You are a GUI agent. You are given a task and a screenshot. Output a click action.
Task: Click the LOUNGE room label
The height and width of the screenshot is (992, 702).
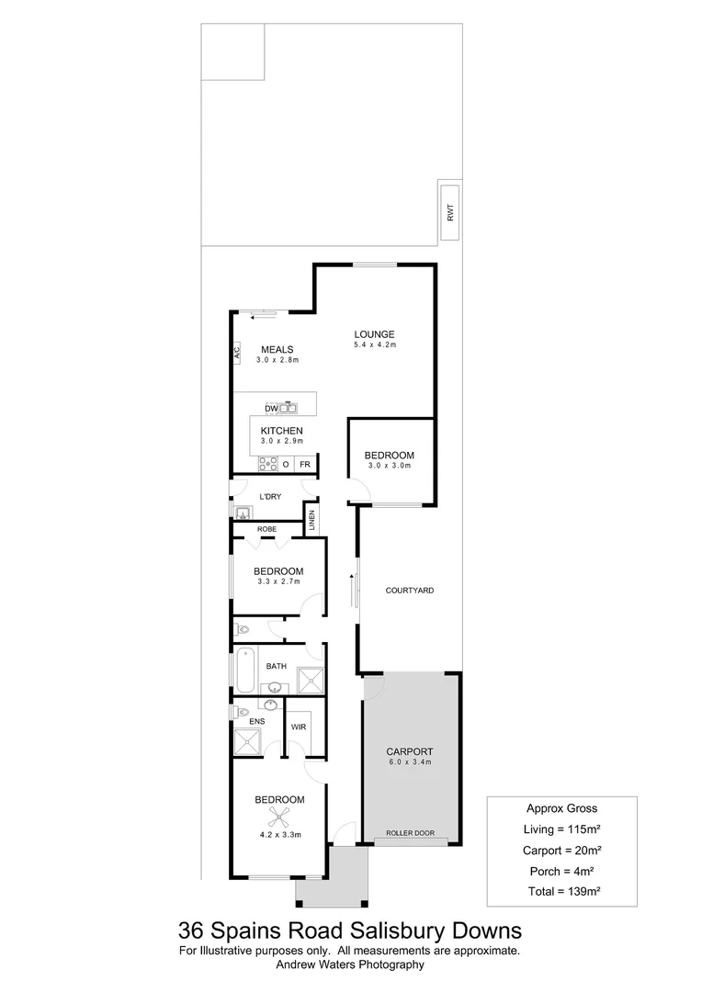(374, 334)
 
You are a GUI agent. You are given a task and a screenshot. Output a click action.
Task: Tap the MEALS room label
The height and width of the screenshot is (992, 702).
(276, 349)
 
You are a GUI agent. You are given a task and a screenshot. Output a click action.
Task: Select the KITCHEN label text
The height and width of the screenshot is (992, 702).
(281, 431)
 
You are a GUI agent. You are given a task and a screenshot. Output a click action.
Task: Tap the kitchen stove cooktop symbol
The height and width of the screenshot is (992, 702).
(268, 464)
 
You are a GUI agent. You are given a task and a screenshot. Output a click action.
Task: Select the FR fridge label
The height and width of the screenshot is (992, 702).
(303, 465)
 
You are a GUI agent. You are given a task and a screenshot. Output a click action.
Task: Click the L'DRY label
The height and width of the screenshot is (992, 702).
(269, 497)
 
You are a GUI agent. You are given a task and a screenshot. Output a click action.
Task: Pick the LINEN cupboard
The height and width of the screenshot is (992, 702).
(311, 521)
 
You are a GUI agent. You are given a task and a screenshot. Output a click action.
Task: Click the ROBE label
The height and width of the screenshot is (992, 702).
(266, 529)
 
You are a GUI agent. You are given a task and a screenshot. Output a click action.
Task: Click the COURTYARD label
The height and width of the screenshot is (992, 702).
(410, 591)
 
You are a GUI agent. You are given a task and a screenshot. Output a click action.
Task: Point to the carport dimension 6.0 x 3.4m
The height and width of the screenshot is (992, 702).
(410, 762)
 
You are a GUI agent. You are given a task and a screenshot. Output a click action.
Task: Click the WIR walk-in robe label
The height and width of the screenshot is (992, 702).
(298, 727)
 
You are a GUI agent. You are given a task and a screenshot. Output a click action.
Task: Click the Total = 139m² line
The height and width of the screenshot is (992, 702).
(560, 891)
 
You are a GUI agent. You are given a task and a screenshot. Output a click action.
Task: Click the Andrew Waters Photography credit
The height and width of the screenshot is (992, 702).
(350, 964)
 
